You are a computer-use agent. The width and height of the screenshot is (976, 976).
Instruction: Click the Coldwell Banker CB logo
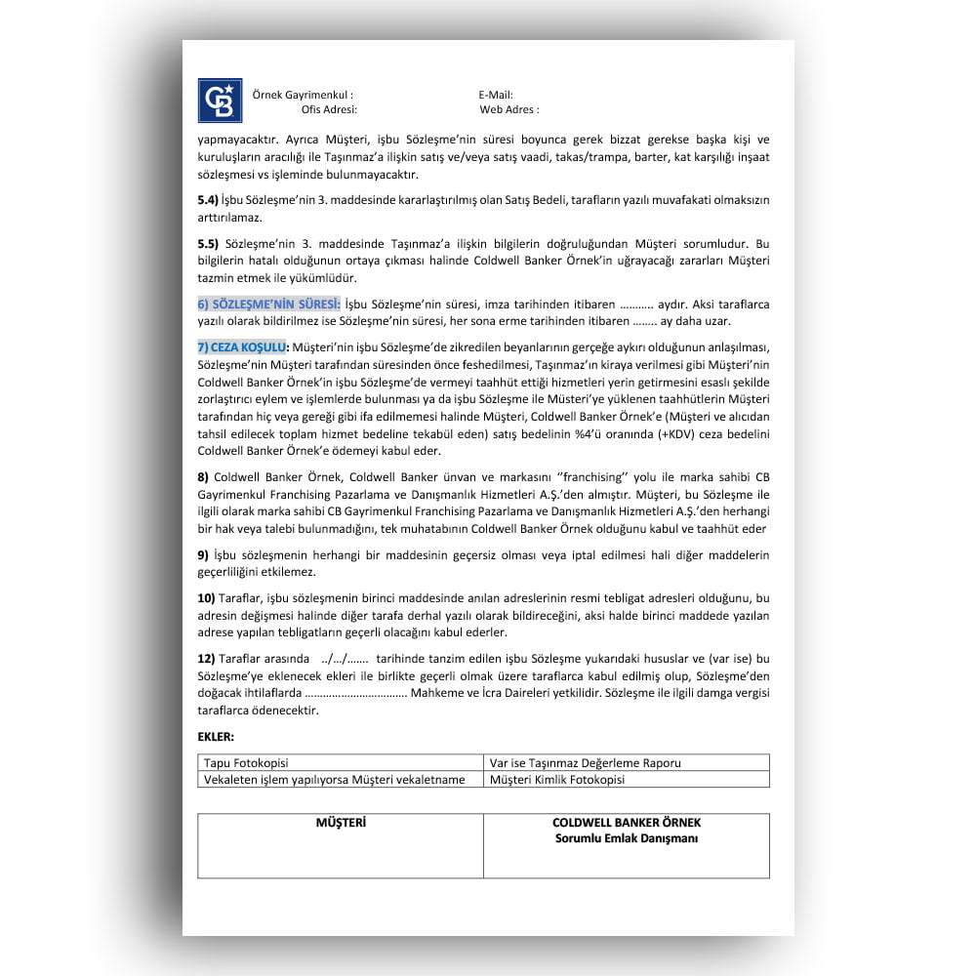click(x=220, y=101)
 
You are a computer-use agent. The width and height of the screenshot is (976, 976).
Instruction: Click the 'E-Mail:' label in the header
click(x=496, y=95)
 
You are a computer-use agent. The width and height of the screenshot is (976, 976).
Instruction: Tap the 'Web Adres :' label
click(x=509, y=110)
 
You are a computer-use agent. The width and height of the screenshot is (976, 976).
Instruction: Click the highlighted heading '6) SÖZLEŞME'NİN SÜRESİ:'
click(x=269, y=305)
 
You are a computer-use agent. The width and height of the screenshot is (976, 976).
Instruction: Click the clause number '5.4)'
click(x=208, y=200)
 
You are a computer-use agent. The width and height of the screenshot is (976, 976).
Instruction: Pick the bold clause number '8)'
click(x=203, y=477)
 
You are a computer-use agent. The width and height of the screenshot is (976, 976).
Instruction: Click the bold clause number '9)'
click(x=203, y=555)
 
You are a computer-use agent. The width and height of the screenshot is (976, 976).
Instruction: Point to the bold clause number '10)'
click(x=206, y=597)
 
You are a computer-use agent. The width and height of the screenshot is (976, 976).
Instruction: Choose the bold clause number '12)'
click(x=206, y=659)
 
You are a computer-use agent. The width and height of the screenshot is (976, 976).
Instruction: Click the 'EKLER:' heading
click(x=216, y=736)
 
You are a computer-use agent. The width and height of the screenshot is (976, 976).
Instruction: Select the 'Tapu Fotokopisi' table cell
click(x=245, y=763)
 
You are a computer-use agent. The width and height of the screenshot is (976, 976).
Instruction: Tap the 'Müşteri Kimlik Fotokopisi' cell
click(x=556, y=780)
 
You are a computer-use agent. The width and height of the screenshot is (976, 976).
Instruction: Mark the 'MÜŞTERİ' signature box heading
click(x=341, y=824)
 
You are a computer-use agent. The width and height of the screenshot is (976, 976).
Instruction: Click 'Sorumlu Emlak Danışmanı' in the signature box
click(x=626, y=838)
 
